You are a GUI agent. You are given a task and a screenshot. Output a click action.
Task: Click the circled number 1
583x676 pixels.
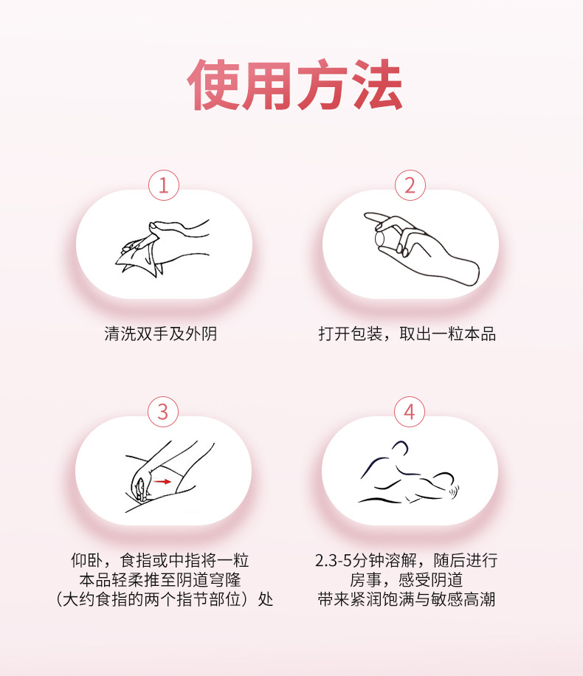tap(164, 185)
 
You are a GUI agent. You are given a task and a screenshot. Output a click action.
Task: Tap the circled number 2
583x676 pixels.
tap(410, 185)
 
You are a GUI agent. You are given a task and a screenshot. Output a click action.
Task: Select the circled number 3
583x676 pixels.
tap(163, 412)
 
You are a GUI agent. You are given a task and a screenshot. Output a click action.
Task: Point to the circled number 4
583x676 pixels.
tap(410, 412)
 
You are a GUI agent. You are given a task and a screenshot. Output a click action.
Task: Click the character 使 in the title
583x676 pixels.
tap(213, 84)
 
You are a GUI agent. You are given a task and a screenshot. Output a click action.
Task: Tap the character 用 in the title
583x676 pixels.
tap(267, 84)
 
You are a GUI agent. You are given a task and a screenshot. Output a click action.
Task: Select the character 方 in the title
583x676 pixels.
tap(322, 84)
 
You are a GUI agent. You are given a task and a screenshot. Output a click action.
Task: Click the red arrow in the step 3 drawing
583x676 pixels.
tap(162, 481)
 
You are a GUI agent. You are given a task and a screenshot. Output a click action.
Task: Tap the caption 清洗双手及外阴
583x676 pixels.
tap(160, 334)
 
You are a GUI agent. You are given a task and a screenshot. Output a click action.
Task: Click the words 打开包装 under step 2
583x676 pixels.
tap(350, 334)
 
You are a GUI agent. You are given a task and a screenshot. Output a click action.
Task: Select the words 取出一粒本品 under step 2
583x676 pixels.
tap(448, 334)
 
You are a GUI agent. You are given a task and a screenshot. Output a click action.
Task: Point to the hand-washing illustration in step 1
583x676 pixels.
tap(163, 246)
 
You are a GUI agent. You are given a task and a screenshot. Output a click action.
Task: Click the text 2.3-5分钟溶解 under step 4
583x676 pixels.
tap(366, 560)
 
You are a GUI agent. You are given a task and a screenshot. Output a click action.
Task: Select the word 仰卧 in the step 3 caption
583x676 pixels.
tap(87, 560)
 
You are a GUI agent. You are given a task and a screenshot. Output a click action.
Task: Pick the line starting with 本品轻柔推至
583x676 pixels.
tap(160, 580)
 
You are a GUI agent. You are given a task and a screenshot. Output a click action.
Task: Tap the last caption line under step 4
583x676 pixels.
tap(406, 599)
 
